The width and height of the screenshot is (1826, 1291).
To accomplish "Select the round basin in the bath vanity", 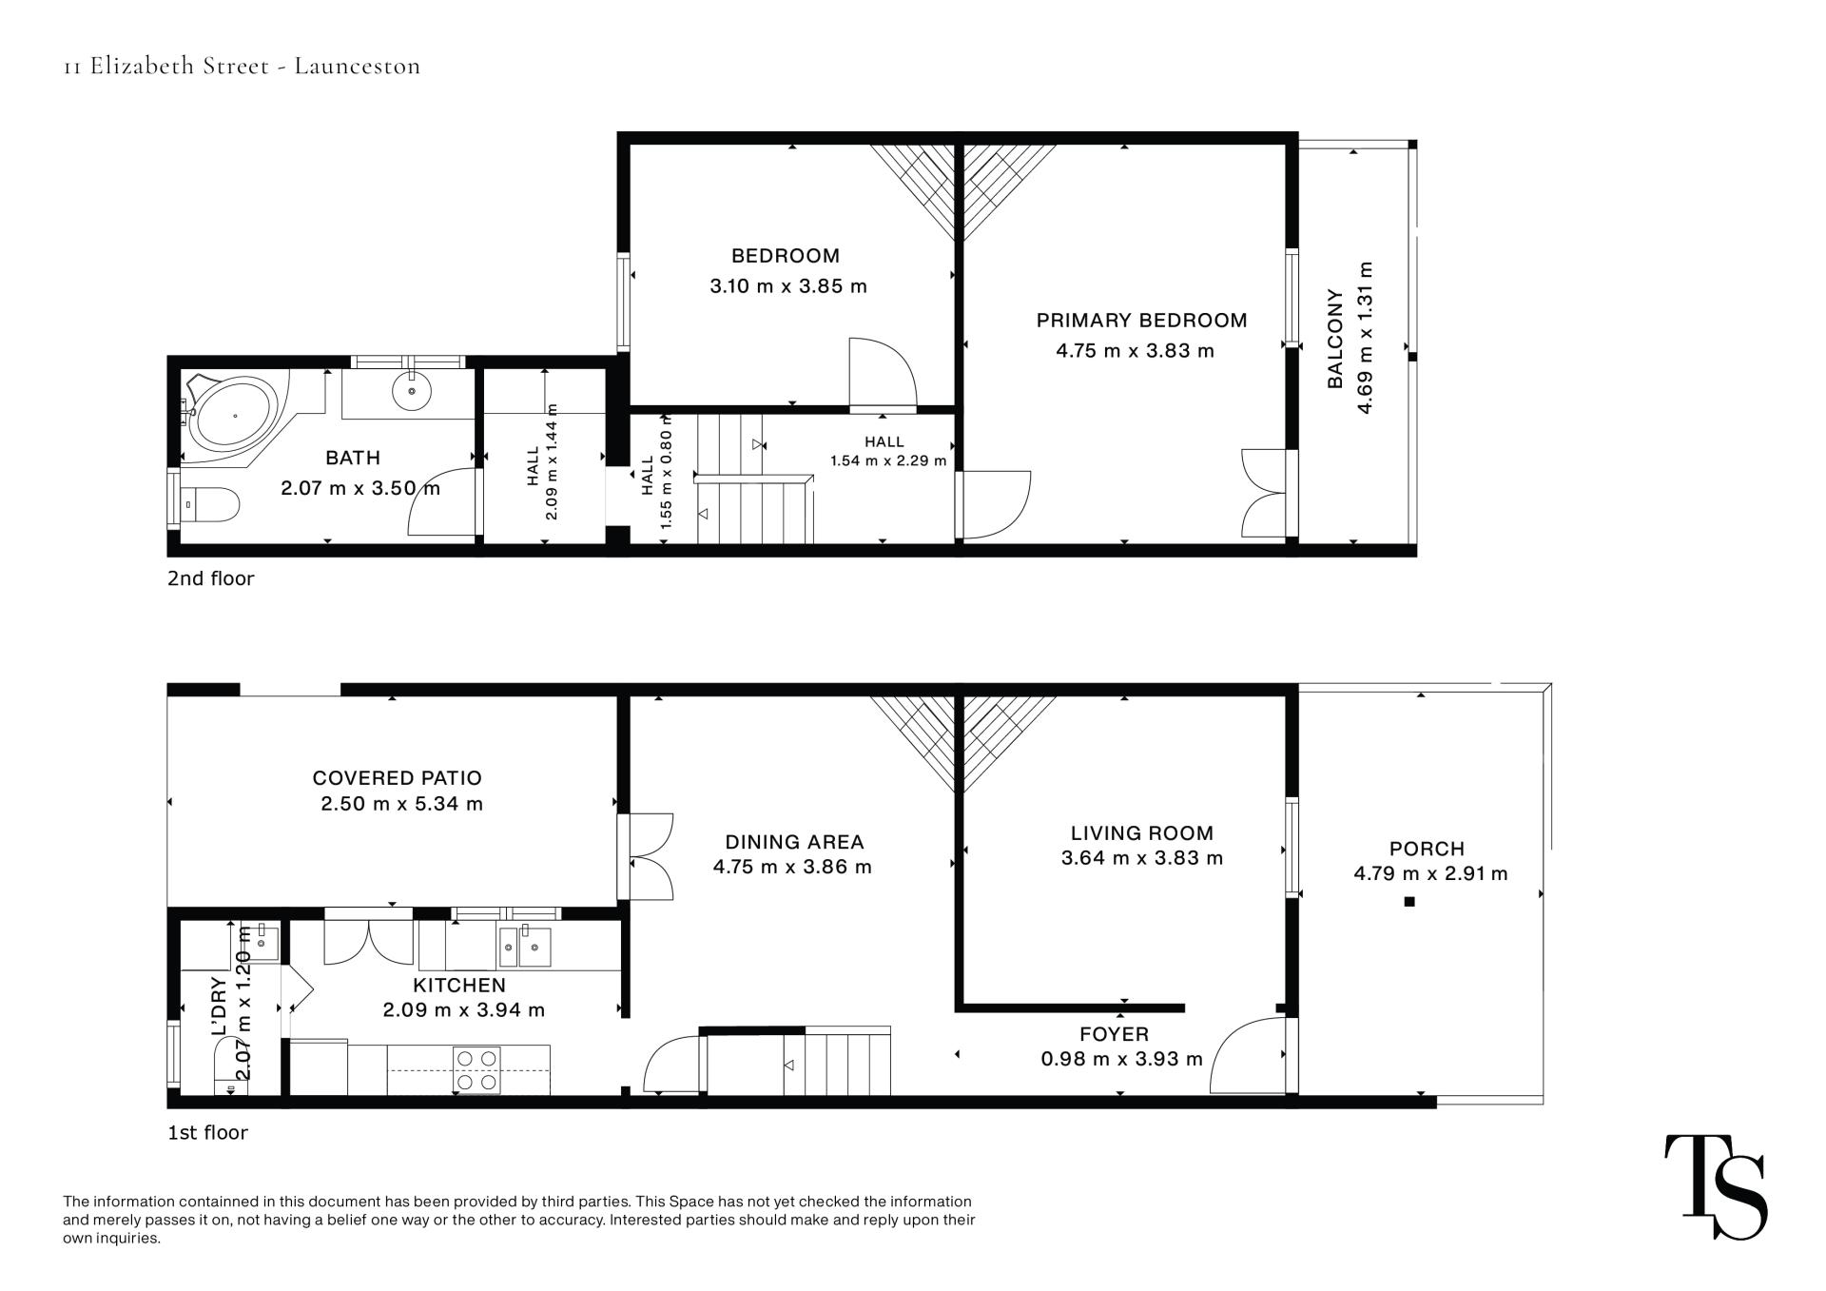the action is click(x=412, y=389).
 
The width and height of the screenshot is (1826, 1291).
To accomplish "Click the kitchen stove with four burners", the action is click(x=476, y=1068).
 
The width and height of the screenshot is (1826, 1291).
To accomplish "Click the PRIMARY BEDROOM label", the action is click(x=1141, y=321).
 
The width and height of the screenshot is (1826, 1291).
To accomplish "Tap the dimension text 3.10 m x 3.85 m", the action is click(x=788, y=286).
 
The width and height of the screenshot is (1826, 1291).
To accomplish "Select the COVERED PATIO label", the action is click(x=398, y=778).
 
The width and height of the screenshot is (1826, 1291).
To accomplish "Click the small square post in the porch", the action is click(x=1409, y=901).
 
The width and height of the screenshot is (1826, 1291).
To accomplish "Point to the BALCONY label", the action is click(x=1335, y=339).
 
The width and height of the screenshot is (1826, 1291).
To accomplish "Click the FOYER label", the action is click(x=1114, y=1034).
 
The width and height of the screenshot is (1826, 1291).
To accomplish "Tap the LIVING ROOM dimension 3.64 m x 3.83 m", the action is click(x=1141, y=858).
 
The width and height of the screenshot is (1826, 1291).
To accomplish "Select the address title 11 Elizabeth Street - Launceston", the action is click(x=242, y=66).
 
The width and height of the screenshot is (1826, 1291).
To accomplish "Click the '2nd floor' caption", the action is click(x=211, y=578).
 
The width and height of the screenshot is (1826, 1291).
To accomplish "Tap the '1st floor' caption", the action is click(x=207, y=1133).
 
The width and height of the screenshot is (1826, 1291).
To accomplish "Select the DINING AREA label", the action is click(x=794, y=842).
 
